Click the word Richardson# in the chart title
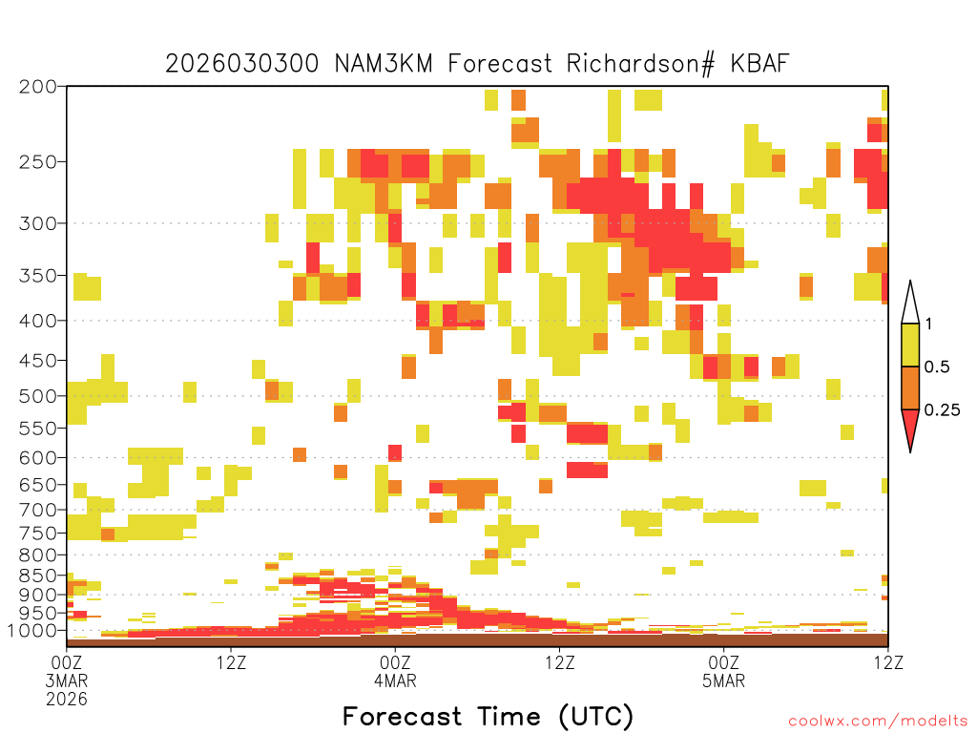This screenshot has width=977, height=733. click(640, 64)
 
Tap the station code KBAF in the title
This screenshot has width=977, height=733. click(759, 64)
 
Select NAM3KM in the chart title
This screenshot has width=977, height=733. click(384, 64)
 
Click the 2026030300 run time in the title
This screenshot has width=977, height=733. click(241, 64)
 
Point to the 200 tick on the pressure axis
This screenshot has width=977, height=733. click(38, 87)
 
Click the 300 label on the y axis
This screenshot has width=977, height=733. click(38, 223)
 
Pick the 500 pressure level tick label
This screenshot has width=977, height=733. click(38, 396)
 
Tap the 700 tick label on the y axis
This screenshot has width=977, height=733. click(38, 510)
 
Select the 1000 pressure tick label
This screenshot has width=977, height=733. click(32, 631)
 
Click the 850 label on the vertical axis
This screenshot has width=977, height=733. click(38, 576)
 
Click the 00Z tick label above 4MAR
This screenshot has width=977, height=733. click(395, 662)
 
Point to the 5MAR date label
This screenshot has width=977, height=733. click(723, 681)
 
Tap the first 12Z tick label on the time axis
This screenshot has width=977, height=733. click(231, 662)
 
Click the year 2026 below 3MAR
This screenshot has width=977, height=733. click(67, 699)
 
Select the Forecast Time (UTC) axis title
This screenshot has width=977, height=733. click(488, 717)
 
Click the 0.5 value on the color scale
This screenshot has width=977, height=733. click(937, 366)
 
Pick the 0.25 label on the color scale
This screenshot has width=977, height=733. click(942, 409)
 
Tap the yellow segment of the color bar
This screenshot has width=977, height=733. click(910, 345)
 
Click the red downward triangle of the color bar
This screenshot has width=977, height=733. click(910, 429)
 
